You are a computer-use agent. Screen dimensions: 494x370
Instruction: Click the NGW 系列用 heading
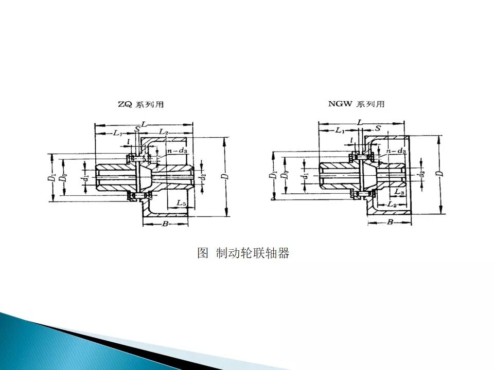(x=356, y=104)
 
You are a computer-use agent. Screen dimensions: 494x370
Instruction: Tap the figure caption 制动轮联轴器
(x=243, y=253)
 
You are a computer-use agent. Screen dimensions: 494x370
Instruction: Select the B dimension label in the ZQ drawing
(x=165, y=224)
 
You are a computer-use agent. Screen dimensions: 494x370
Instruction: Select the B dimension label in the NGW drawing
(x=390, y=222)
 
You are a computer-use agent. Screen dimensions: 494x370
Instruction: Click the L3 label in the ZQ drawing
(x=181, y=203)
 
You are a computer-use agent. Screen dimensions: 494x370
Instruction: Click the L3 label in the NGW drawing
(x=399, y=192)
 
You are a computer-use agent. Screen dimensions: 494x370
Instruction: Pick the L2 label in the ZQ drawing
(x=163, y=132)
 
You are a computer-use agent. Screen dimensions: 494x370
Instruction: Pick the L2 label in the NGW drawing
(x=392, y=205)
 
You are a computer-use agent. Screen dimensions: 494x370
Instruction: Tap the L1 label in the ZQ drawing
(x=117, y=133)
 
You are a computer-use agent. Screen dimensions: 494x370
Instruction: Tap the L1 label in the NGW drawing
(x=340, y=131)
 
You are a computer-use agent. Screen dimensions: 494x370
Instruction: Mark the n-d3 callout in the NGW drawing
(x=396, y=152)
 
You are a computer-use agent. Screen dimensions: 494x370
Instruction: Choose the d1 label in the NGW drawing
(x=306, y=175)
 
